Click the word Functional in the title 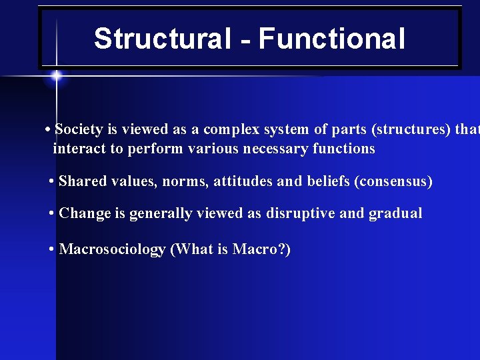[x=331, y=39]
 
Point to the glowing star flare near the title [x=56, y=76]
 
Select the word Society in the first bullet [x=79, y=129]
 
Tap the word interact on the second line [x=79, y=149]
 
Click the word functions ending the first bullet [x=345, y=149]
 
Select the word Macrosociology [x=112, y=250]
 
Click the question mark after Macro [x=281, y=250]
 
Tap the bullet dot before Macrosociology [x=51, y=250]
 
